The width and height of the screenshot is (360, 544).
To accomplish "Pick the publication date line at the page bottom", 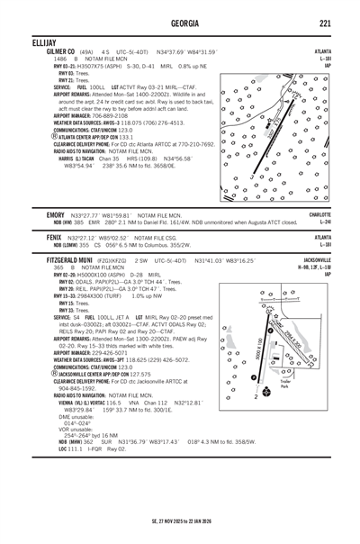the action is [179, 520].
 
